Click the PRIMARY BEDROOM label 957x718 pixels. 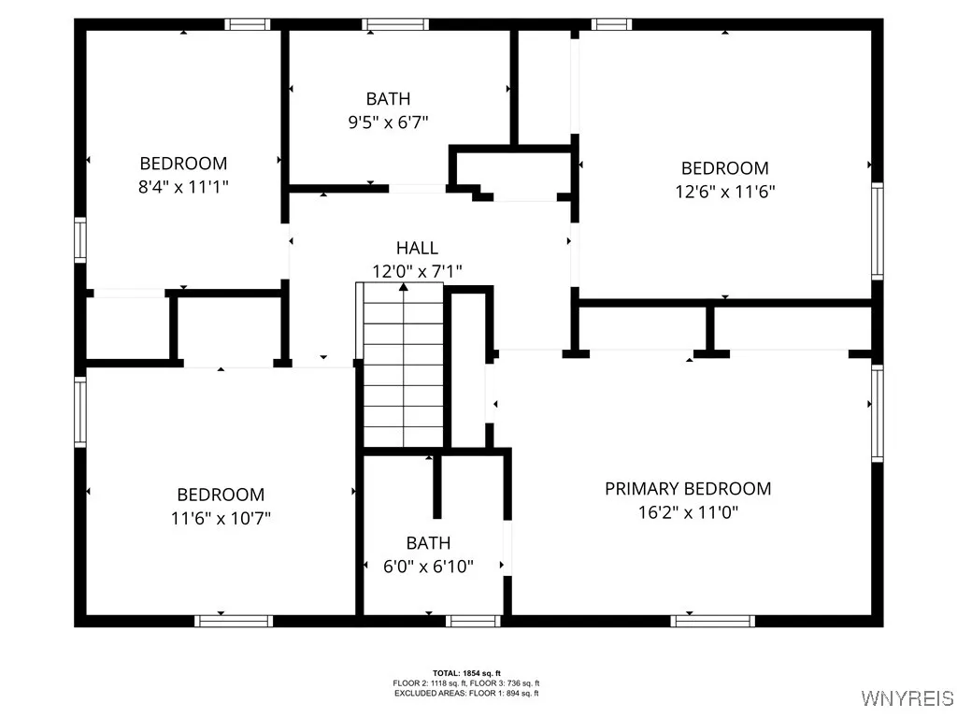(688, 489)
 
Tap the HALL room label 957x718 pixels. (417, 248)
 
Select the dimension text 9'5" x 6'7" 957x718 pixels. (388, 122)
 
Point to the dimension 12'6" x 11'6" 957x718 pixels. (724, 192)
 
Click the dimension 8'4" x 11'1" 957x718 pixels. (183, 187)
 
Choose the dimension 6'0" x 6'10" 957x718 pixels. (428, 567)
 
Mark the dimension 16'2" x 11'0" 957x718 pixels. (688, 512)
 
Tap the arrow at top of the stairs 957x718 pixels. (404, 287)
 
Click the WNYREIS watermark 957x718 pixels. (907, 698)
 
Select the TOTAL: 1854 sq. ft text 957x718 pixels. (466, 673)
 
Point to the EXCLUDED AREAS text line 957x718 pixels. (466, 693)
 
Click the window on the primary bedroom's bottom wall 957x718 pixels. (712, 621)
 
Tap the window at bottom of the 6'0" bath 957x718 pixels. (474, 621)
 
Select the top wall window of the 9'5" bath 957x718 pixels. (395, 24)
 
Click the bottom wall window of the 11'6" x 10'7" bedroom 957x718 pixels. (234, 621)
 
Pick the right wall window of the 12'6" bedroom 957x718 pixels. (877, 230)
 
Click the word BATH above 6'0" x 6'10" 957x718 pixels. (428, 542)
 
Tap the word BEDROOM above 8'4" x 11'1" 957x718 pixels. (183, 164)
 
